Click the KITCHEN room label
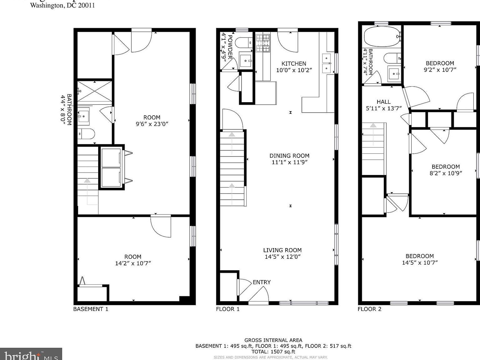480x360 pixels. click(294, 63)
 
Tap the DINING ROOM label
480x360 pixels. click(289, 156)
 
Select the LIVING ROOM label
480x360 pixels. click(282, 250)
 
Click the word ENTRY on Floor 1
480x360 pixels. click(262, 282)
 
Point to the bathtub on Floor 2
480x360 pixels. click(382, 36)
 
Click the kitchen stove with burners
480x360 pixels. click(262, 43)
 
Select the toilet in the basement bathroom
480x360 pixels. click(86, 134)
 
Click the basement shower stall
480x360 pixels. click(94, 91)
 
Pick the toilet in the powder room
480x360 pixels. click(243, 42)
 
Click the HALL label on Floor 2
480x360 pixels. click(383, 102)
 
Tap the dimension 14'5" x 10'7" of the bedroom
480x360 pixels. click(420, 263)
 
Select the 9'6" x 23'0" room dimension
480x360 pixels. click(152, 124)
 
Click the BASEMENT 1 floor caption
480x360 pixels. click(91, 309)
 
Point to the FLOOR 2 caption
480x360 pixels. click(369, 309)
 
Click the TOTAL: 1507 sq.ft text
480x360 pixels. click(273, 352)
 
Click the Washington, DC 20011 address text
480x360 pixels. click(62, 5)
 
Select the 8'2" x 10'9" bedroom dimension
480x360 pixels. click(446, 173)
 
